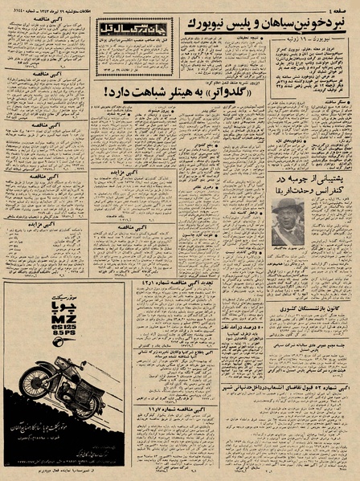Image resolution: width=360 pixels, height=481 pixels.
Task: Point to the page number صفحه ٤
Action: coord(341,10)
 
